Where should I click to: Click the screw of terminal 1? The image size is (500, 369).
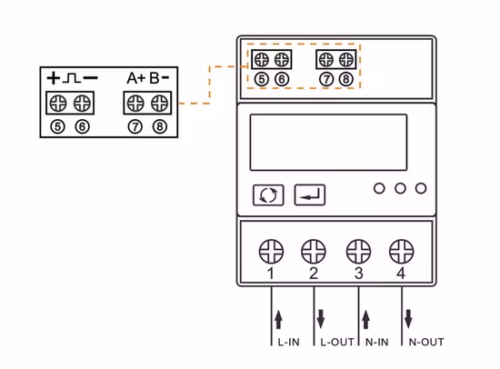(271, 247)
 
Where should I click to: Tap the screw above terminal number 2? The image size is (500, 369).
(314, 247)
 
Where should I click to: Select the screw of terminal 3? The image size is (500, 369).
(359, 247)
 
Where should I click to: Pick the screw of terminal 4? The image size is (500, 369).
(401, 247)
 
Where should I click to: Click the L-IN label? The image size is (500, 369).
(288, 343)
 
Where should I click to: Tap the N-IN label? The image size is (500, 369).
(377, 343)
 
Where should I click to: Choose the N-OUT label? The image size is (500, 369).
(425, 343)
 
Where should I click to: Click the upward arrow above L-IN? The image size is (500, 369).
(278, 319)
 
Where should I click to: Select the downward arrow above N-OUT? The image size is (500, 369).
(408, 319)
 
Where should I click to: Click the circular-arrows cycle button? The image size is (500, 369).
(268, 194)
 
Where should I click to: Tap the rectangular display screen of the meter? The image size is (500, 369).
(327, 142)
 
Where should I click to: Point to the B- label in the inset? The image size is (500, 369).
(160, 77)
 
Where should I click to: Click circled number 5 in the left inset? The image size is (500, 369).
(58, 126)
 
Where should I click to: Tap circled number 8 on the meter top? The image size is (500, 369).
(345, 79)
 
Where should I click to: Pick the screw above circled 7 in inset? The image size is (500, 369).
(135, 101)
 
